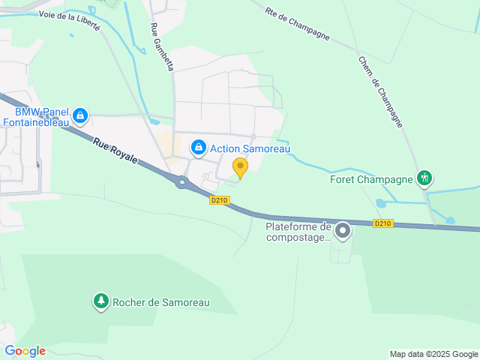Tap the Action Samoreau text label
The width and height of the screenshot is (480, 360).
[250, 149]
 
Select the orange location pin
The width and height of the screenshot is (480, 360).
[240, 166]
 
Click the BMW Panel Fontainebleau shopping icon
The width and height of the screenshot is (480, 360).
[81, 117]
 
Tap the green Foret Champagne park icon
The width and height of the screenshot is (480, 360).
[425, 178]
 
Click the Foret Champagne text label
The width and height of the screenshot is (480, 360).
[372, 179]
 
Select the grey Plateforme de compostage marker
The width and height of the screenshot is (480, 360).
[343, 231]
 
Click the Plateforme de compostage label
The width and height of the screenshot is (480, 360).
[298, 232]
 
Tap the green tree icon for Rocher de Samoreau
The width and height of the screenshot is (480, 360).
[100, 302]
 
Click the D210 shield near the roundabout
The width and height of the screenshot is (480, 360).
[219, 200]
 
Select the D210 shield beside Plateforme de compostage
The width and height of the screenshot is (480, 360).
[382, 223]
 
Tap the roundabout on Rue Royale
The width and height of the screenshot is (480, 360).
[181, 182]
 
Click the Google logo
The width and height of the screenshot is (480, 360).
[25, 351]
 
